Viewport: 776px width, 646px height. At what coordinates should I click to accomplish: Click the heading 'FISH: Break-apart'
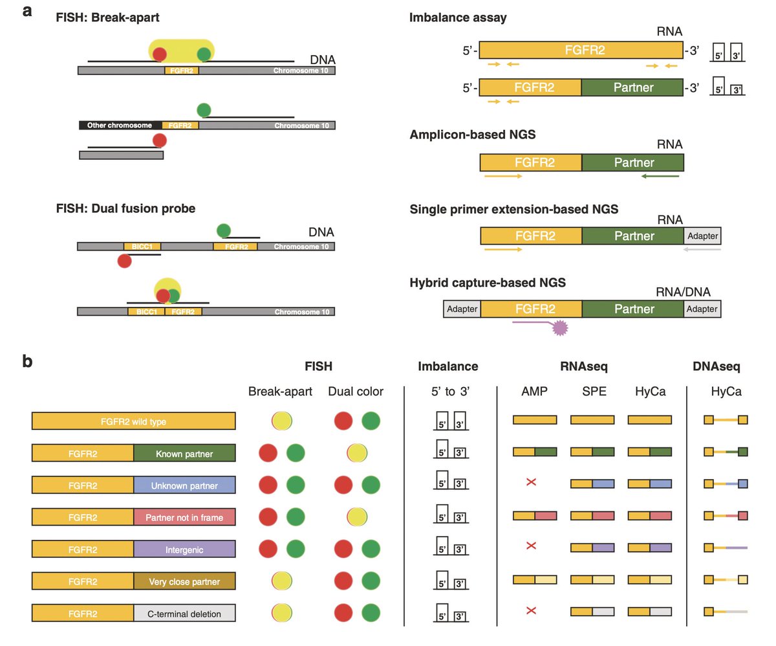(x=107, y=17)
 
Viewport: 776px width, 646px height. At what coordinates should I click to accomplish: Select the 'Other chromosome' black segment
(x=120, y=125)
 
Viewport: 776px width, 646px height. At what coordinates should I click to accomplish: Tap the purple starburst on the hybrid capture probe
(x=558, y=329)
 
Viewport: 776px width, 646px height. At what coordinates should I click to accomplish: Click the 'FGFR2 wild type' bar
(x=133, y=422)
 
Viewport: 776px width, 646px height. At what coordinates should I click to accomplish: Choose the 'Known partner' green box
(x=184, y=454)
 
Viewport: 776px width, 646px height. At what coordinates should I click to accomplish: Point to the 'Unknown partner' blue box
(x=184, y=485)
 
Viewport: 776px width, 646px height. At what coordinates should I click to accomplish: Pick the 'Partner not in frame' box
(x=184, y=517)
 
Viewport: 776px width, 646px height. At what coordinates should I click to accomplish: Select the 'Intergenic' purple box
(x=184, y=549)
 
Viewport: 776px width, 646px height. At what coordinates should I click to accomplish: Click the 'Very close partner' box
(x=184, y=581)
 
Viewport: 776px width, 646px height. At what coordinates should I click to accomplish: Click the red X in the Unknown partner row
(x=532, y=483)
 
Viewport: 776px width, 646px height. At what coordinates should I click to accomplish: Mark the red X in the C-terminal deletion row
(x=532, y=610)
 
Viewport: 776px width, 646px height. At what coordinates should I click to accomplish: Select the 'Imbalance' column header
(x=448, y=366)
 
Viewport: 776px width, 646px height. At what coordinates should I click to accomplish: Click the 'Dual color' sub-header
(x=356, y=392)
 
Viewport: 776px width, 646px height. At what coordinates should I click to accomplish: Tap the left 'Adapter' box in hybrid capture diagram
(x=462, y=309)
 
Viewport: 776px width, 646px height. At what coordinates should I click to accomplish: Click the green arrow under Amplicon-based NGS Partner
(x=660, y=175)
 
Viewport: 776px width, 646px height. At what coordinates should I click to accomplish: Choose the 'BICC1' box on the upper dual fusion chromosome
(x=142, y=247)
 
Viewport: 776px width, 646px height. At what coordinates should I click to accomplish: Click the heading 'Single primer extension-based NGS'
(x=514, y=209)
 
